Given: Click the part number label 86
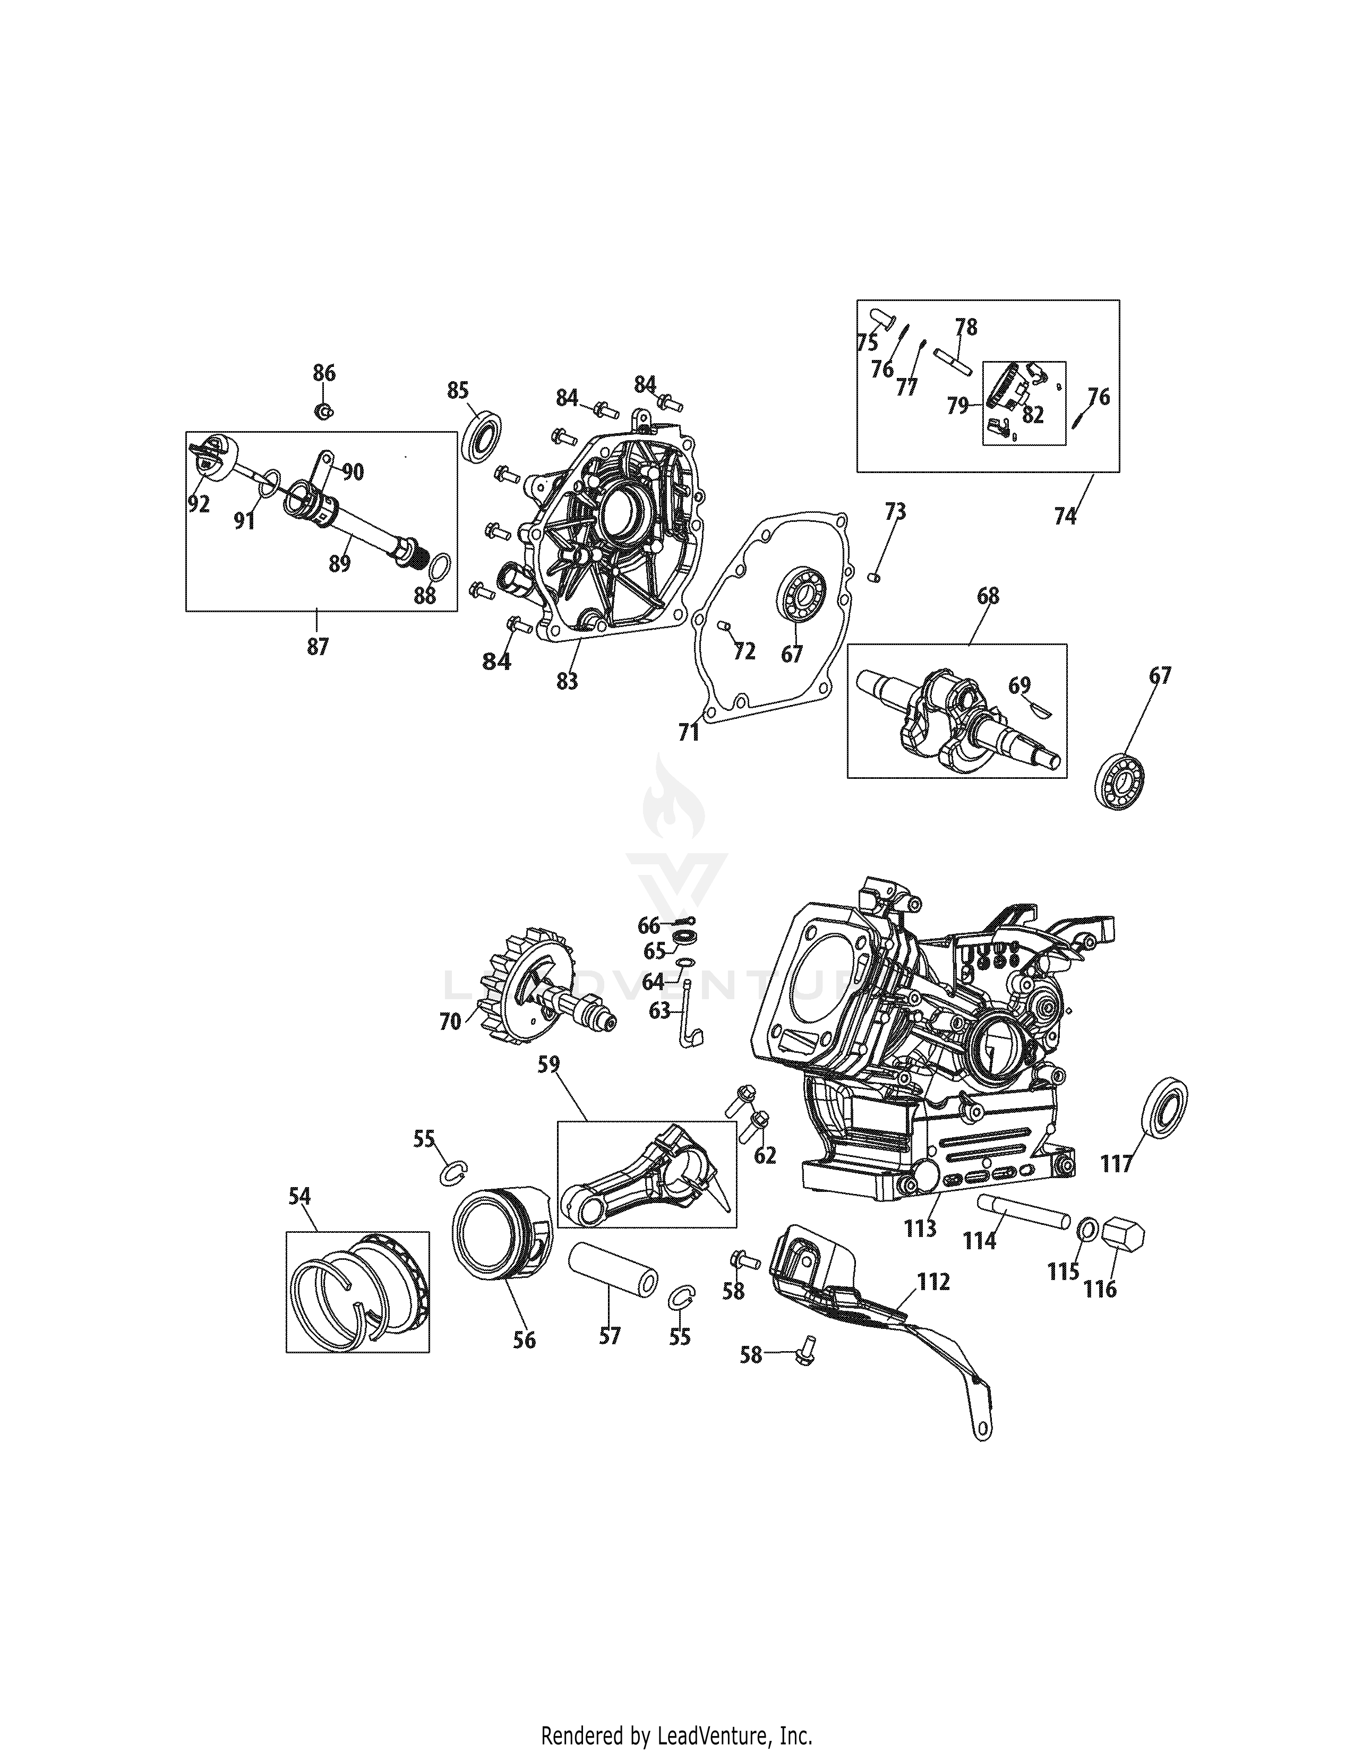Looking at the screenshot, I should (324, 373).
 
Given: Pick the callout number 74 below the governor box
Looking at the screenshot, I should (1065, 516).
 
